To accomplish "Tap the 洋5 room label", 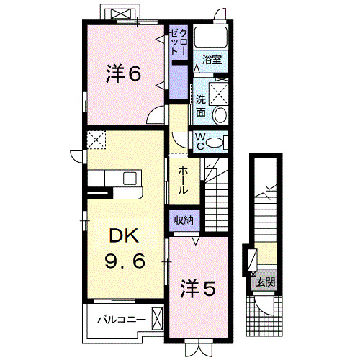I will pos(197,289).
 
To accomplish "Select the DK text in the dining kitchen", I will pos(124,237).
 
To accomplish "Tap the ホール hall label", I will pos(183,180).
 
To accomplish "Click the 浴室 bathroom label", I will pos(211,58).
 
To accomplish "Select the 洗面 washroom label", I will pos(202,107).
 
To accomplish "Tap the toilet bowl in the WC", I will pos(215,143).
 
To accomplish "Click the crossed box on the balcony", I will pos(157,318).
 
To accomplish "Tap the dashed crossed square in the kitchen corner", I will pos(96,140).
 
